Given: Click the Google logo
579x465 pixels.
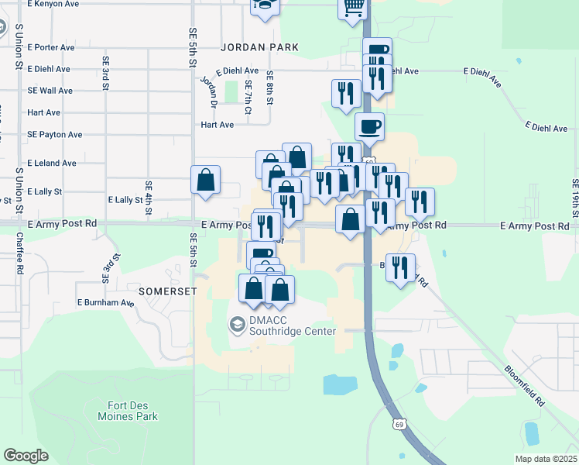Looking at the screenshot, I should (x=26, y=456).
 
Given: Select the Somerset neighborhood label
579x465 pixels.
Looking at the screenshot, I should (x=167, y=291).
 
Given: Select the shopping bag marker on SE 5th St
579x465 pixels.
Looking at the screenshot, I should (x=207, y=180).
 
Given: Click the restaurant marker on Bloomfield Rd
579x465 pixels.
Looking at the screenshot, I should (x=400, y=267).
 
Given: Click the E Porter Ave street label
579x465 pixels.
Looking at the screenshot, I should (x=50, y=47).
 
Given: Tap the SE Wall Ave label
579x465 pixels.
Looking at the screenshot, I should (x=50, y=91).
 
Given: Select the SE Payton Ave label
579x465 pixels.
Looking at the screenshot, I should (x=54, y=134).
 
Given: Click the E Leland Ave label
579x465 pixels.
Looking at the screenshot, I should (x=52, y=164).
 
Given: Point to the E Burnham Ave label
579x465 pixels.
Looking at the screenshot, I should (x=105, y=302).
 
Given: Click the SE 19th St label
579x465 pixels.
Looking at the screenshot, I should (x=575, y=198).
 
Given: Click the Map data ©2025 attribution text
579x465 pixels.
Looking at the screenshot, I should (x=546, y=459).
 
